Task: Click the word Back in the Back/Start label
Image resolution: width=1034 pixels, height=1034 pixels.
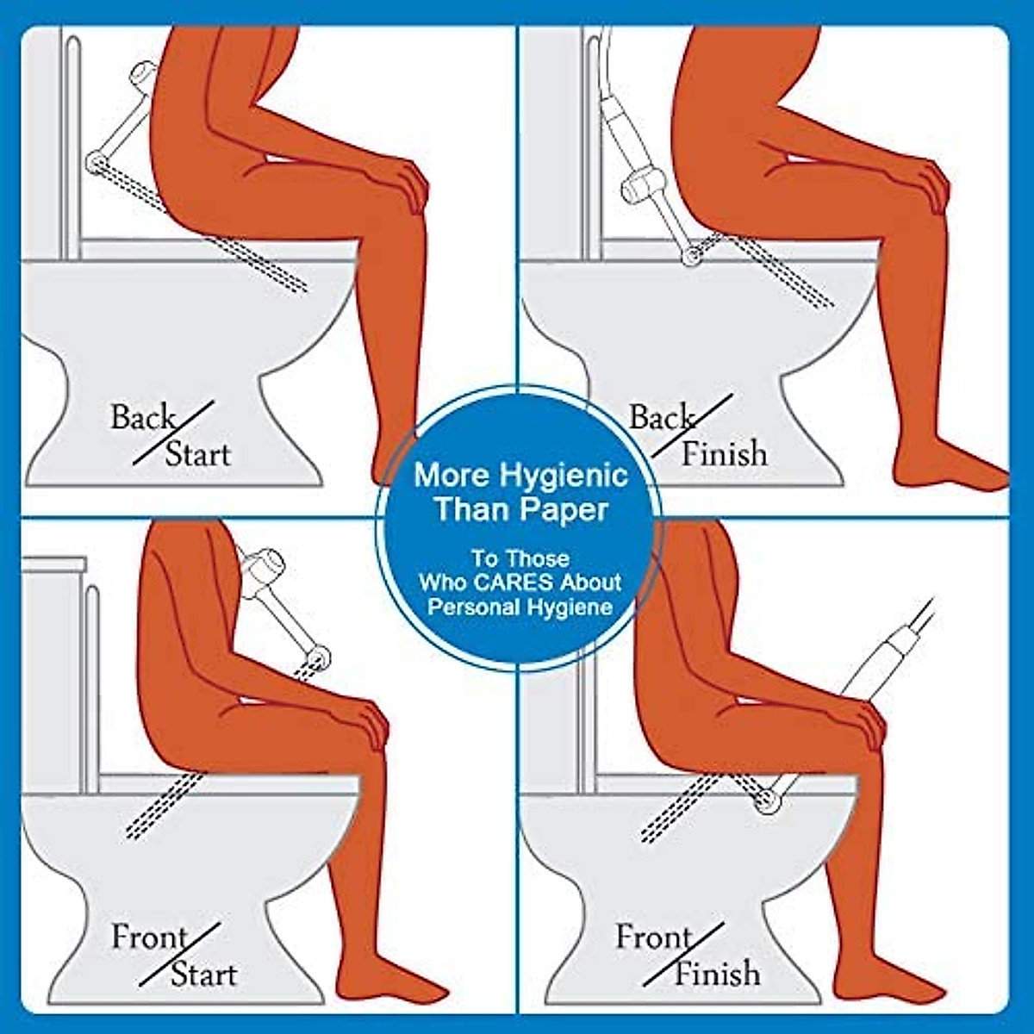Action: [142, 418]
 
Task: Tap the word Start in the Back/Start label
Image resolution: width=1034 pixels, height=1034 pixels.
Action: [198, 454]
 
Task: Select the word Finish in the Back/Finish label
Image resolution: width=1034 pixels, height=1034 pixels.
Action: [724, 453]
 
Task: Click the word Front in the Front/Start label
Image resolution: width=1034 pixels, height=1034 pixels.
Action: [149, 937]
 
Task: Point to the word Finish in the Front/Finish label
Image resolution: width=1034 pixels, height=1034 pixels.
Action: [717, 974]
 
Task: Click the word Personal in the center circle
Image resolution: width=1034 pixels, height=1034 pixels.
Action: [471, 607]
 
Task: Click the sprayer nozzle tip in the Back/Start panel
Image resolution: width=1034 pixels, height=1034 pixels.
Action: [95, 161]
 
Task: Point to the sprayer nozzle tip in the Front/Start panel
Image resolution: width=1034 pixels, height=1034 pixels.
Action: [320, 660]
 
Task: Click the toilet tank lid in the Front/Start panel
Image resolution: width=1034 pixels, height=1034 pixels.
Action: [53, 564]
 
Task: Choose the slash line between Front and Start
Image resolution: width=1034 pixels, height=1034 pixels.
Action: [180, 955]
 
